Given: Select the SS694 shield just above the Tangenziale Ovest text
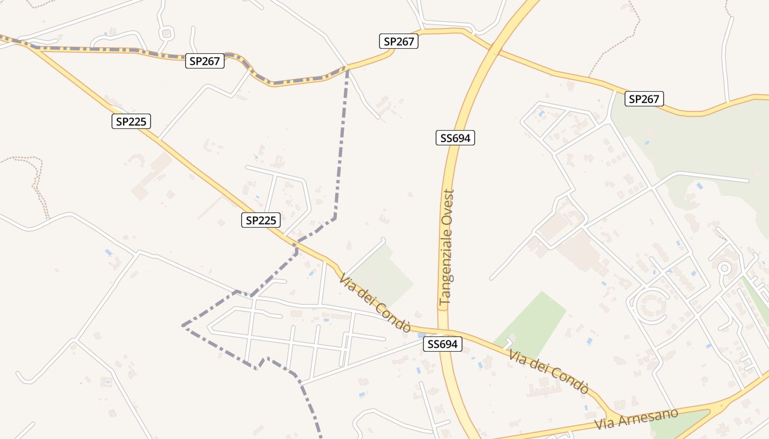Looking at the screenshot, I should tap(455, 138).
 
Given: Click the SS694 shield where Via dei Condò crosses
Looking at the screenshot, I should tap(442, 344).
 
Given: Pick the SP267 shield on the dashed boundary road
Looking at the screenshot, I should tap(205, 61).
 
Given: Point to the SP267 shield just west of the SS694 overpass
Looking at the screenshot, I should tap(399, 41).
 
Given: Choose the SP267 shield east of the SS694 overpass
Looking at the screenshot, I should tap(644, 99).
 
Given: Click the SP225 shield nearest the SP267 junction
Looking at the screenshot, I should tap(131, 121).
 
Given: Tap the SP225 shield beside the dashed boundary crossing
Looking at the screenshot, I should tap(261, 220).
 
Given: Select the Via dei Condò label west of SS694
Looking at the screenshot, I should tap(375, 303).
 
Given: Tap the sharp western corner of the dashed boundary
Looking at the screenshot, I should tap(183, 326).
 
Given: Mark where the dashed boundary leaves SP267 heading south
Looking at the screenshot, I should tap(347, 67).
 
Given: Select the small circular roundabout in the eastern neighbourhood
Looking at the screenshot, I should tap(724, 268).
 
